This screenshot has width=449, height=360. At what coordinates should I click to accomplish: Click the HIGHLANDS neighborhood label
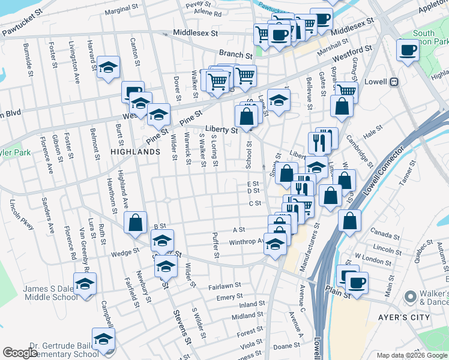point(135,152)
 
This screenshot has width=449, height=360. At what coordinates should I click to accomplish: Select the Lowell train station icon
point(394,82)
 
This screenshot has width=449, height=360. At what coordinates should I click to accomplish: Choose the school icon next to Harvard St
point(108,67)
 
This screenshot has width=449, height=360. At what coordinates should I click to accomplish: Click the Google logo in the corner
point(20,353)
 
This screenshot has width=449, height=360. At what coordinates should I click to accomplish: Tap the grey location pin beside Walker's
point(411,296)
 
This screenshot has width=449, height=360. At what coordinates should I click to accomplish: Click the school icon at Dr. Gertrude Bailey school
point(103,339)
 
